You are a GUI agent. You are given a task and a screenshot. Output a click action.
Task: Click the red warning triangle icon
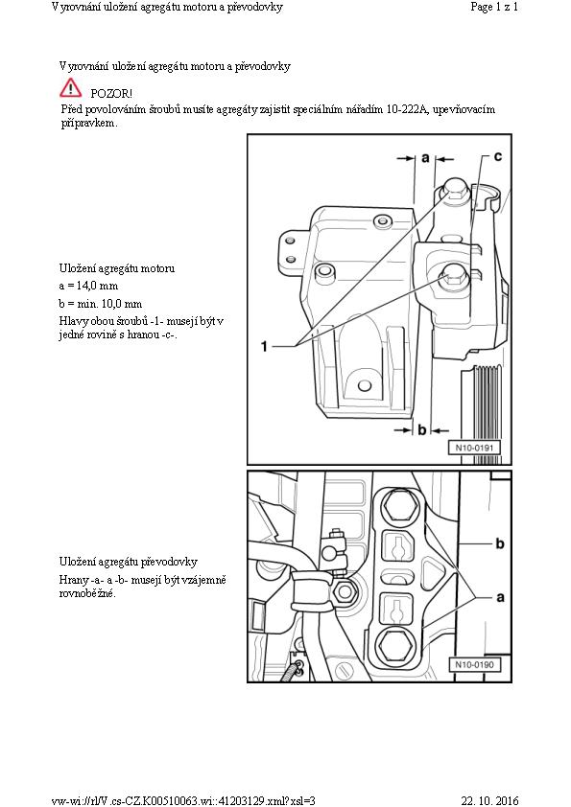click(70, 88)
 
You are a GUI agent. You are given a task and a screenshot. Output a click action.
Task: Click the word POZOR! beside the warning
click(111, 94)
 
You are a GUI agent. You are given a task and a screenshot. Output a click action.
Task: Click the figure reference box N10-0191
click(474, 448)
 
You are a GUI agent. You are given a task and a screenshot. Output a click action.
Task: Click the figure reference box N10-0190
click(474, 664)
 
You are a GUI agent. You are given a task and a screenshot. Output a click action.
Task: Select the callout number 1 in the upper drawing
click(264, 346)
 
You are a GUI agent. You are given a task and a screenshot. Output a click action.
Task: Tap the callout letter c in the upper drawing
click(497, 156)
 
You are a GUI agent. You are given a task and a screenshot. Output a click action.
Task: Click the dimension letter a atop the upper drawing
click(425, 157)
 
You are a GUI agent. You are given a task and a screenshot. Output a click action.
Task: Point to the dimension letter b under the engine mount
click(422, 429)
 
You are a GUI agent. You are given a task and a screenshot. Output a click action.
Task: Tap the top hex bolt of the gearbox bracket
click(400, 505)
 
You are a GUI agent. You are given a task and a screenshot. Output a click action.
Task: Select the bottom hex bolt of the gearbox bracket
click(395, 646)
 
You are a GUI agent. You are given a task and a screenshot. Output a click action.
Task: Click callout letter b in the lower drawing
click(499, 543)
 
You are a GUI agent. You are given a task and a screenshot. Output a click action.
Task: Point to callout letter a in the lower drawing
click(500, 597)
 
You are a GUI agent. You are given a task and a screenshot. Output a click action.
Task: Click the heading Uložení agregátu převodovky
click(129, 562)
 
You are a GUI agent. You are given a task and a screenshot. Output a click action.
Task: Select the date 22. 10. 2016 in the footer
click(489, 801)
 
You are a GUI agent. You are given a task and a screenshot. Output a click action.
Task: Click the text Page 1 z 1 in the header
click(494, 7)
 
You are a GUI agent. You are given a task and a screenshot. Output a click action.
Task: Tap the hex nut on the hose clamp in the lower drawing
click(345, 592)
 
